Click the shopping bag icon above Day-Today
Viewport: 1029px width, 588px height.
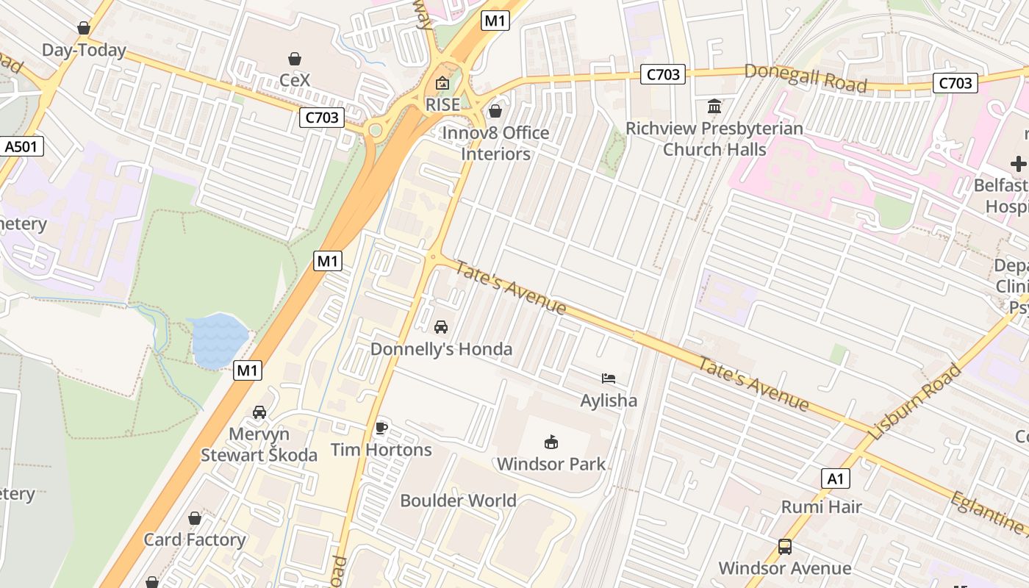point(84,29)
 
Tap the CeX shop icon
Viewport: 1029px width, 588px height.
point(295,59)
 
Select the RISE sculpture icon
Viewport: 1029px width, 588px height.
point(442,83)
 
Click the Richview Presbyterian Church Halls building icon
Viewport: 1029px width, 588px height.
point(714,107)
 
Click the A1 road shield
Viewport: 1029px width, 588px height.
point(835,479)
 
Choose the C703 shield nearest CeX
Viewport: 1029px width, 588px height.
point(322,117)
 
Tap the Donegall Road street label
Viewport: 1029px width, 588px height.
point(806,78)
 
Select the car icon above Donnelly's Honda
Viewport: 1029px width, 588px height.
point(441,327)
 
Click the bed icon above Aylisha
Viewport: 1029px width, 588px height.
point(609,379)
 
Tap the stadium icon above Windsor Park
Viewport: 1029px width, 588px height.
point(551,442)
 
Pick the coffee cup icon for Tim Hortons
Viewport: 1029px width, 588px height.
point(381,428)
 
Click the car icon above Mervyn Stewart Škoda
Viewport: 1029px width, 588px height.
point(259,412)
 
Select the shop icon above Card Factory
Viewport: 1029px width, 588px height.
point(195,519)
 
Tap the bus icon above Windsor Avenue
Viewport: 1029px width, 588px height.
point(785,547)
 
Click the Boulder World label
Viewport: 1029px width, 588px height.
point(458,501)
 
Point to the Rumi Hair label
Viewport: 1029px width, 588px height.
point(821,506)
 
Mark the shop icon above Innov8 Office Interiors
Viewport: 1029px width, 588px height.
point(495,111)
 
